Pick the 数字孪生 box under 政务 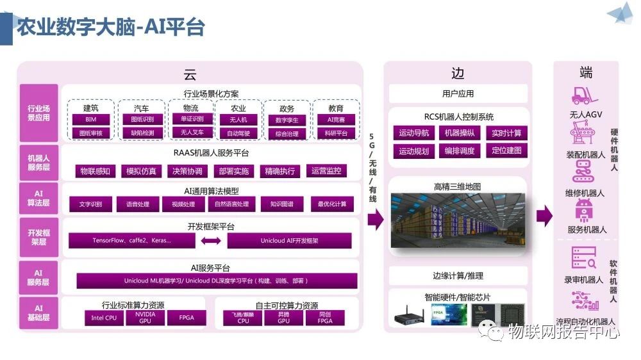point(287,120)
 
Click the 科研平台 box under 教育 point(335,133)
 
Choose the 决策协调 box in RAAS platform point(187,171)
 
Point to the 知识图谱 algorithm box point(281,204)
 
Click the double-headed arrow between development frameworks point(211,241)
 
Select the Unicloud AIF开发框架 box point(289,241)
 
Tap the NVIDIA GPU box point(145,317)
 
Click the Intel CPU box point(104,318)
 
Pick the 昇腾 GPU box point(284,318)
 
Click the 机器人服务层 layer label point(38,161)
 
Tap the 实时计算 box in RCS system point(506,133)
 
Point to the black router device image point(409,315)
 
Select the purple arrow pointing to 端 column point(544,216)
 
